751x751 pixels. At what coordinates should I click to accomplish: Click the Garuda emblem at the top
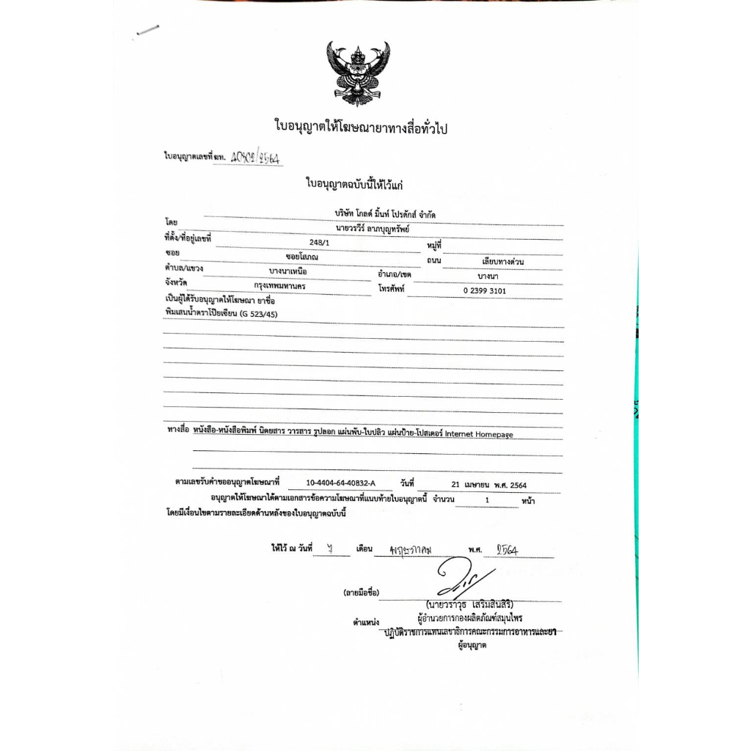(x=358, y=73)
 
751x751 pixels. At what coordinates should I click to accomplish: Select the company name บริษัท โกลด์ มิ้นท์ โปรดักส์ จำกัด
(x=379, y=213)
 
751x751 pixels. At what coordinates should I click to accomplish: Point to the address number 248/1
(x=320, y=240)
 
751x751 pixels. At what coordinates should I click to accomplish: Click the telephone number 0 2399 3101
(x=484, y=290)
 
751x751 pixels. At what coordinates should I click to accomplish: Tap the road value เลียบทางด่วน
(x=493, y=261)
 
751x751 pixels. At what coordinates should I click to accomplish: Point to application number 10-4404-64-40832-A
(x=340, y=483)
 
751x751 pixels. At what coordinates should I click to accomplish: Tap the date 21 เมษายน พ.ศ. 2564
(x=489, y=485)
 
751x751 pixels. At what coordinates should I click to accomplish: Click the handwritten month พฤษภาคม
(x=412, y=549)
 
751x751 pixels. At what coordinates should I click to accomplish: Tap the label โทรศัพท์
(x=392, y=289)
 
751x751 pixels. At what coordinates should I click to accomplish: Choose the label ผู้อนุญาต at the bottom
(x=472, y=645)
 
